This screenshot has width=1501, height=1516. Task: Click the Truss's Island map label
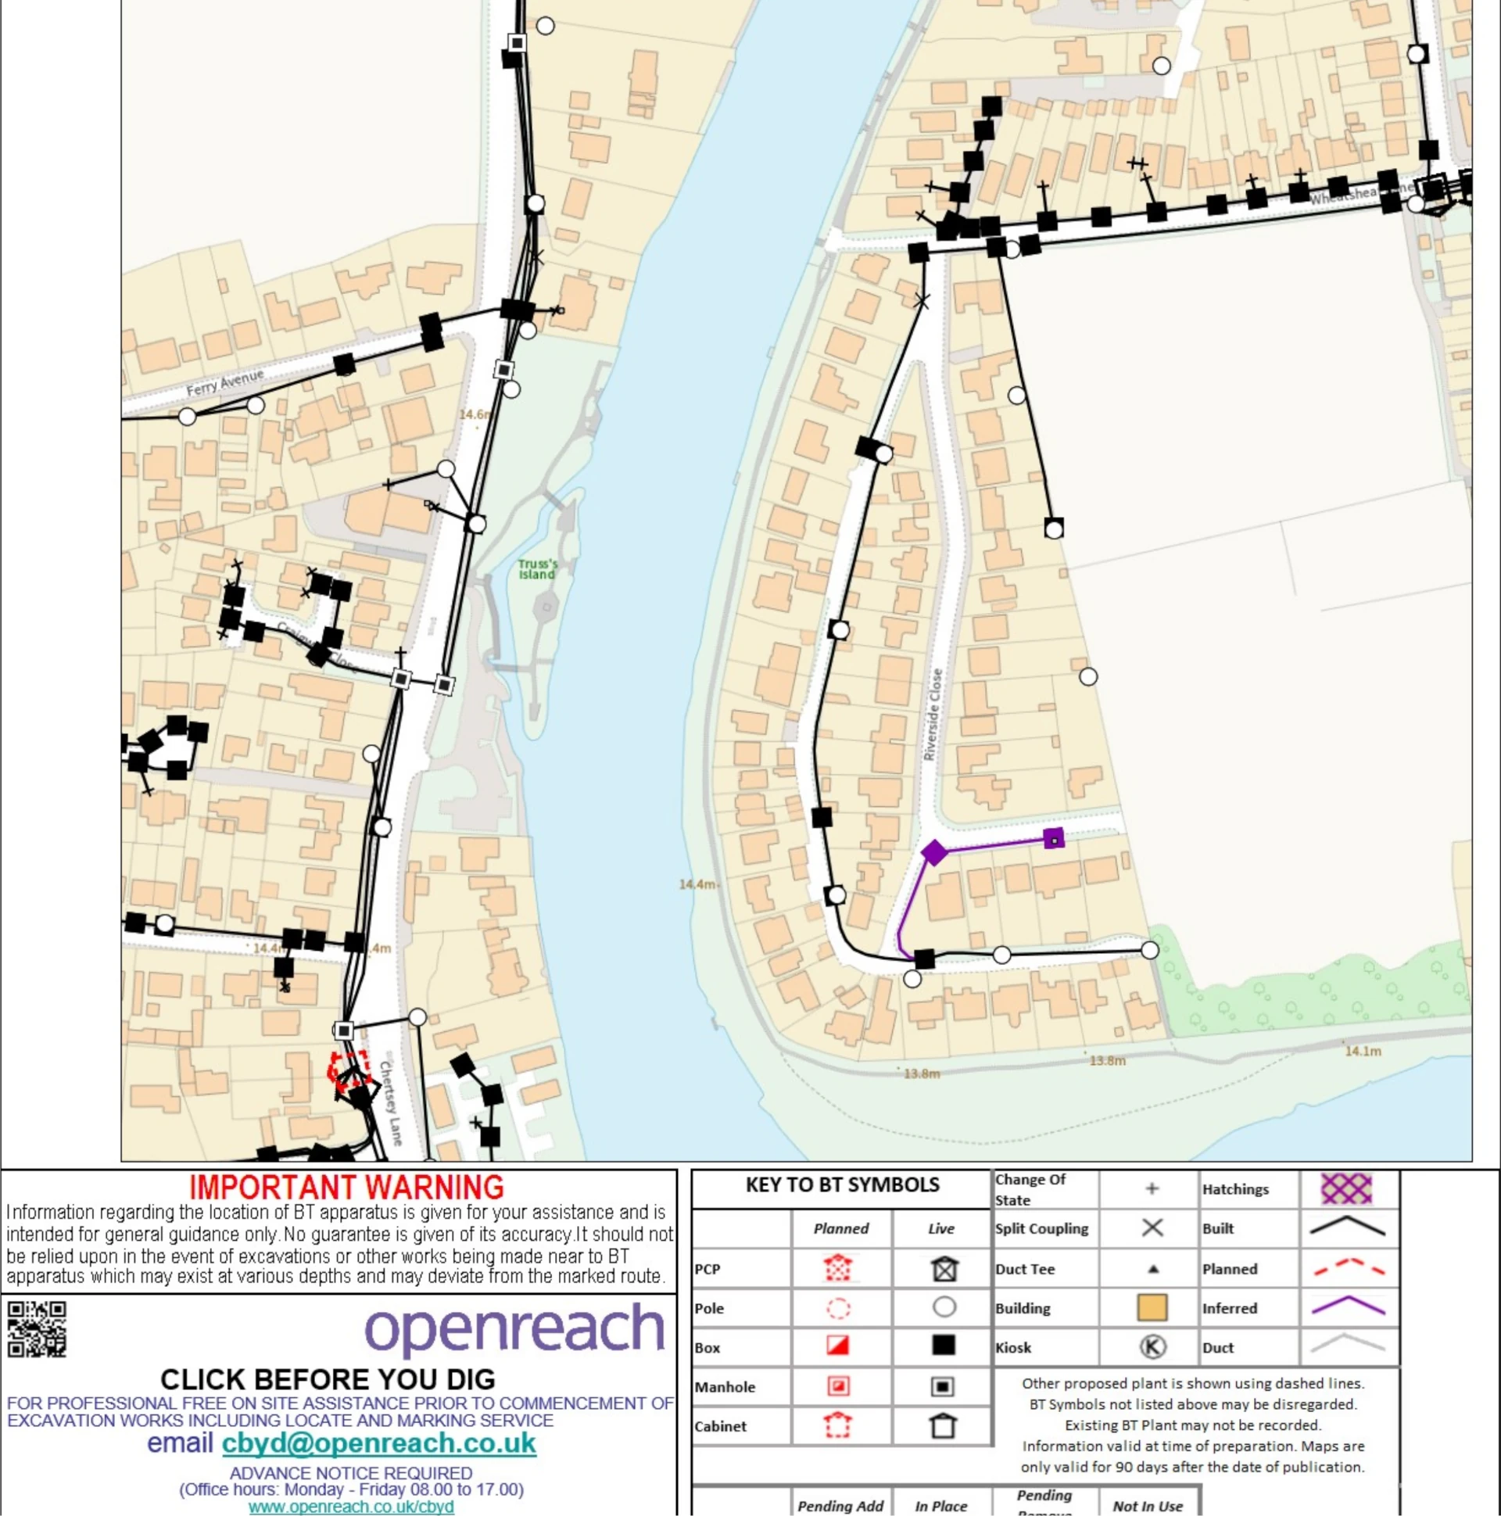(x=537, y=569)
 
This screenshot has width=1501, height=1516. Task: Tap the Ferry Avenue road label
(x=224, y=382)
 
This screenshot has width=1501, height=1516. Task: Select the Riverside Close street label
(x=933, y=714)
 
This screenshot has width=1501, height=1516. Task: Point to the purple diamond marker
(x=933, y=852)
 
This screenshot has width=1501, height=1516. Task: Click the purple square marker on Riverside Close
(x=1054, y=839)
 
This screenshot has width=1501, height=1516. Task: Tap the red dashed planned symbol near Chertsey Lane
(x=349, y=1070)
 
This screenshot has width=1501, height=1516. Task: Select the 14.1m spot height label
(x=1363, y=1051)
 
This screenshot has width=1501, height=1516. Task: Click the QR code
(x=36, y=1328)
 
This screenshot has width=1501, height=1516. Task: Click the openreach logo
(x=514, y=1328)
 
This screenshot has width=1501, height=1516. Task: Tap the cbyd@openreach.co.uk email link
(x=379, y=1443)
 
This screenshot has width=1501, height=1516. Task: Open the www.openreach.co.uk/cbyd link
(x=351, y=1507)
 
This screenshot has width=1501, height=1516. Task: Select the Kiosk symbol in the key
(x=1152, y=1347)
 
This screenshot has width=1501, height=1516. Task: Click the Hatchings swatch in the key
(x=1346, y=1189)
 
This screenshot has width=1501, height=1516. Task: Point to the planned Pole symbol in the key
(x=839, y=1308)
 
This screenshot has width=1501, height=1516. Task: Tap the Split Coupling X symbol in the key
(x=1152, y=1228)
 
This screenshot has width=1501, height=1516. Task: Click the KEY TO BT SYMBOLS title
(x=842, y=1184)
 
